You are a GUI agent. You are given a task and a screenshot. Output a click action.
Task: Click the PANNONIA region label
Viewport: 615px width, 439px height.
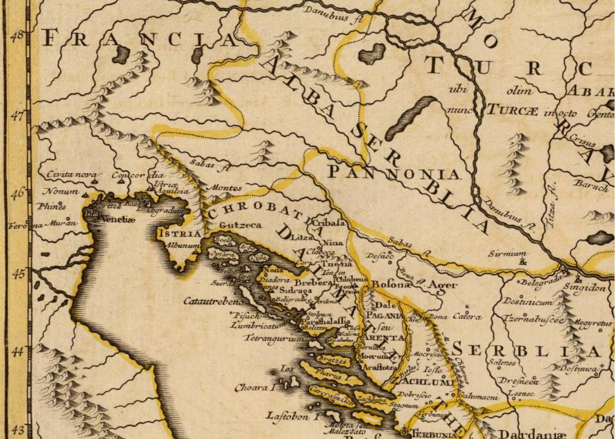pos(394,174)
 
